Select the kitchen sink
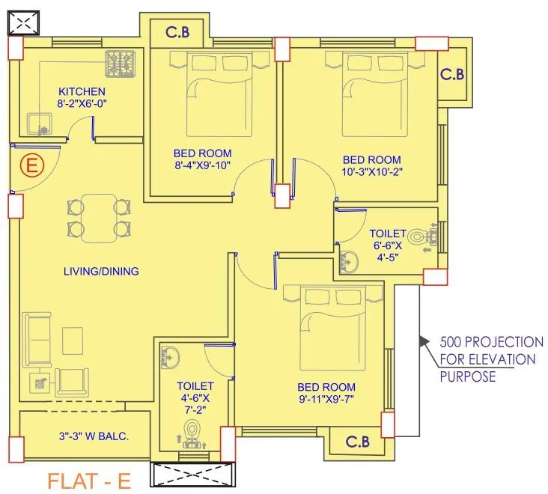tap(37, 123)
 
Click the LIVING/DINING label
tap(100, 271)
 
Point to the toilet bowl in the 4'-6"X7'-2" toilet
tap(193, 433)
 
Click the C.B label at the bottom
tap(357, 442)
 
